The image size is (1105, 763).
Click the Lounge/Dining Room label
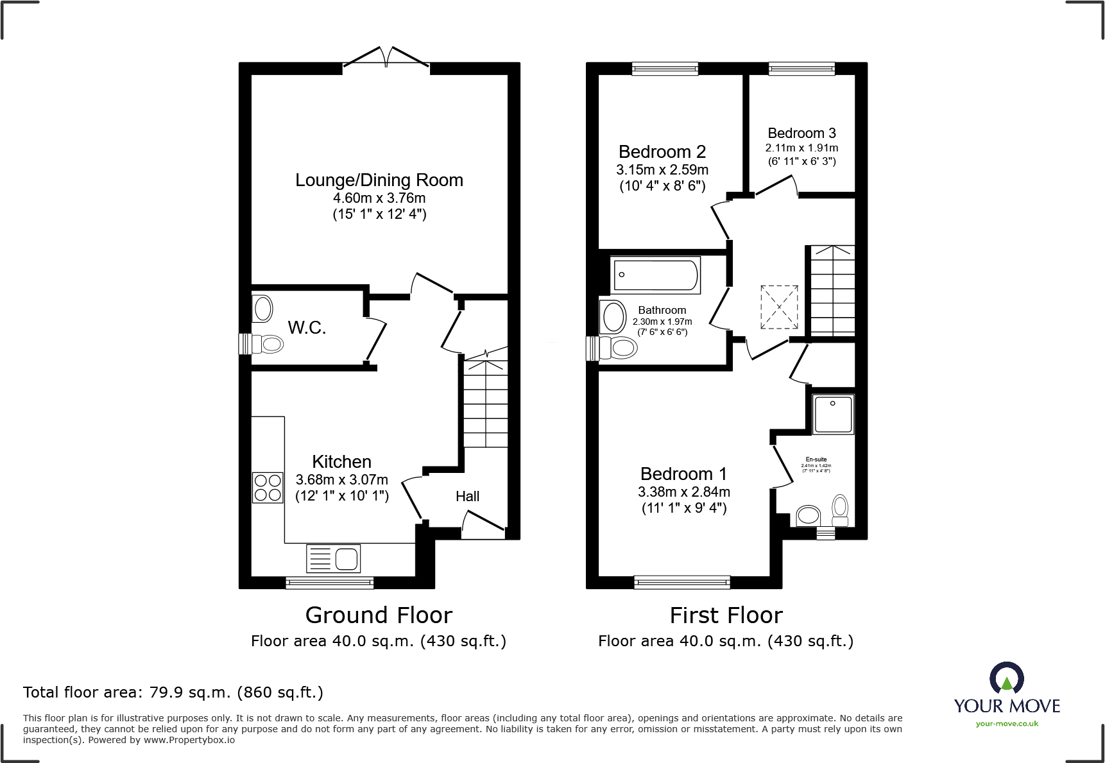(x=379, y=180)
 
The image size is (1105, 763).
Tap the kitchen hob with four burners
(x=268, y=488)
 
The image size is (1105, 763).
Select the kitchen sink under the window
(x=334, y=558)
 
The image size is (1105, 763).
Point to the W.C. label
(x=307, y=328)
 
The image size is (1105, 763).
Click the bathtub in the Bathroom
(x=655, y=275)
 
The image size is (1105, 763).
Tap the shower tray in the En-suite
(x=833, y=414)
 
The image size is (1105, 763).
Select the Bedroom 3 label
(x=801, y=133)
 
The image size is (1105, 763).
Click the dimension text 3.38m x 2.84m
(x=683, y=492)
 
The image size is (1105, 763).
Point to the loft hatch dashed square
(x=779, y=307)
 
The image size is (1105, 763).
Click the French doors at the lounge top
(x=386, y=58)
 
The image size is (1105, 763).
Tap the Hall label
(x=467, y=496)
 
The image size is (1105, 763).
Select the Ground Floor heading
(x=379, y=615)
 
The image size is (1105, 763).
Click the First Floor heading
(x=726, y=615)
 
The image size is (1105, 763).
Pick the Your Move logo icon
(x=1006, y=678)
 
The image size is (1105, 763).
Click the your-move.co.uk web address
(x=1006, y=724)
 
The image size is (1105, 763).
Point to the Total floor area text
(x=173, y=692)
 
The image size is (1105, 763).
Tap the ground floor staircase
(x=486, y=403)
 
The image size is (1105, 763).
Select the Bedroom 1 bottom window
(x=681, y=582)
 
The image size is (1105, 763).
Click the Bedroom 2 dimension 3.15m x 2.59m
(x=662, y=170)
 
